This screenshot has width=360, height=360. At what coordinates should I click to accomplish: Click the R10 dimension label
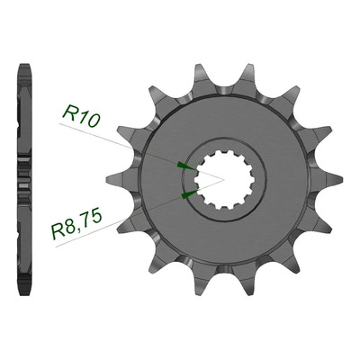pos(81,116)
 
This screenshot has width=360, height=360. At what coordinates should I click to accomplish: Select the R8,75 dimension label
pos(76,224)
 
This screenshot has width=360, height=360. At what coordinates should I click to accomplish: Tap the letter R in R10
pos(68,112)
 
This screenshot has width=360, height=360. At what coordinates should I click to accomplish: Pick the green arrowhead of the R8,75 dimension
pos(190,194)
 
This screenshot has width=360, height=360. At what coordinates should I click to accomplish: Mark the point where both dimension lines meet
pos(224,179)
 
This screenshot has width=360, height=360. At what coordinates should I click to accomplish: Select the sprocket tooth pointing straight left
pos(120,180)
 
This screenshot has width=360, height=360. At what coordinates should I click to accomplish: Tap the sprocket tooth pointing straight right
pos(328,180)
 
